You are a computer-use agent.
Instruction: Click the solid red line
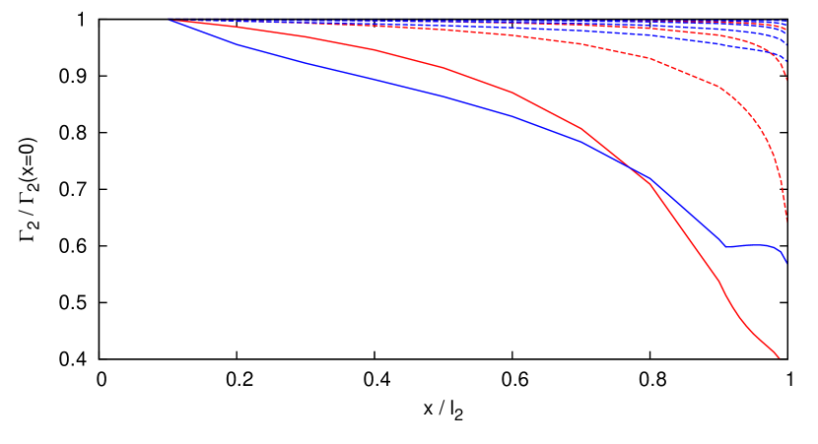pos(443,68)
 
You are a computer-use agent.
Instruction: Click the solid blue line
pos(394,84)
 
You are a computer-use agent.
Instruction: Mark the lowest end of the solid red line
pos(780,357)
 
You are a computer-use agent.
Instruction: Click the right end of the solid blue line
pos(786,263)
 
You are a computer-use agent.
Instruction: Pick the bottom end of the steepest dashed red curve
pos(786,222)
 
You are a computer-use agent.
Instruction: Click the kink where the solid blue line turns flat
pos(724,246)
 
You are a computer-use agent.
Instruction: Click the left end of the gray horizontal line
pos(100,19)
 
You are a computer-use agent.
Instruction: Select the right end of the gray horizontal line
pos(786,19)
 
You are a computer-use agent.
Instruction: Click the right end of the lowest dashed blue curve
pos(786,62)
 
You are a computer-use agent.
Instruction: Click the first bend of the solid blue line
pos(234,43)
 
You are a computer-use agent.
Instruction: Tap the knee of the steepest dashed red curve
pos(719,87)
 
